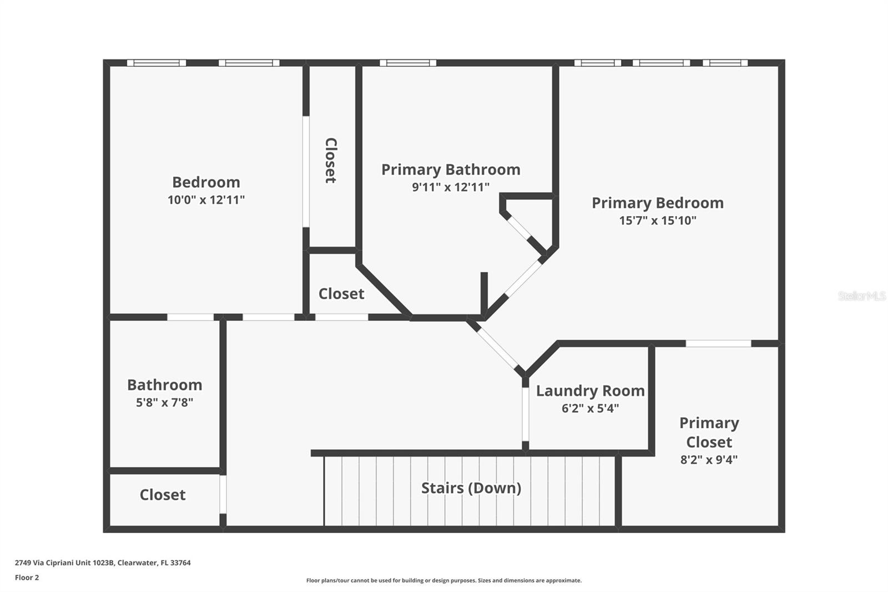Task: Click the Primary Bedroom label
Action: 657,203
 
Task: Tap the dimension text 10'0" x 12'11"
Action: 206,200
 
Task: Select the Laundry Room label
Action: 590,391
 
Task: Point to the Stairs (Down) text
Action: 471,488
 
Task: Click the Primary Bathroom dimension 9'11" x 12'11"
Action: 450,187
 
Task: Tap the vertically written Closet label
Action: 331,160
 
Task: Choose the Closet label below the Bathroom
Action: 162,495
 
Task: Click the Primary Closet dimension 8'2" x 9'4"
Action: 709,460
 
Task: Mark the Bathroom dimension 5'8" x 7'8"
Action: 164,403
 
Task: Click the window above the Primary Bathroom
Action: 407,63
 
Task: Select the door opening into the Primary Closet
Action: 718,344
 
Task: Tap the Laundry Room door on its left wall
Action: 525,414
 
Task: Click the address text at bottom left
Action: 103,563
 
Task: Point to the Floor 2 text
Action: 27,578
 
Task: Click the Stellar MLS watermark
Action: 861,296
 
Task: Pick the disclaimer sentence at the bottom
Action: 443,581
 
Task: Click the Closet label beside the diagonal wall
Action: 341,294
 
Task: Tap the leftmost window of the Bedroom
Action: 156,63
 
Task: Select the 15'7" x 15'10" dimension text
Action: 657,220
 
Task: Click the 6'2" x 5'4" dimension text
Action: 590,409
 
